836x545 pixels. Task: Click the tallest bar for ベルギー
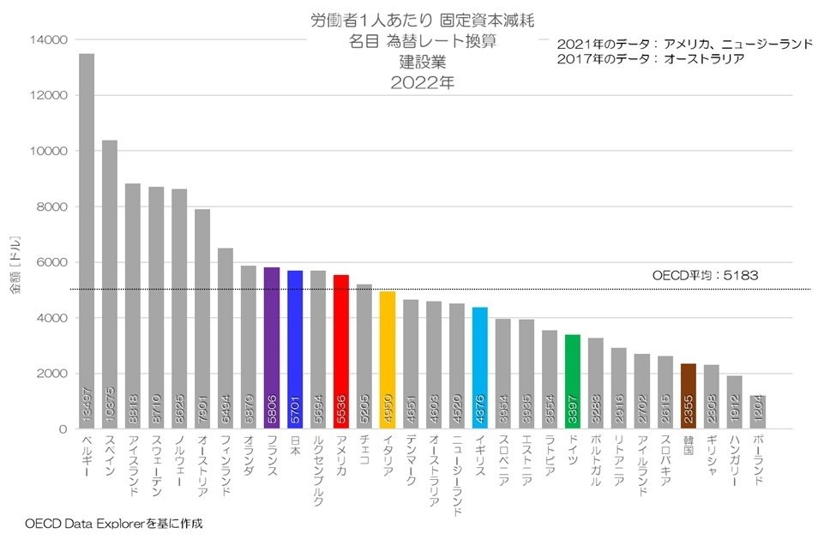tap(87, 241)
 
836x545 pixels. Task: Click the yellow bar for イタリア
tap(388, 360)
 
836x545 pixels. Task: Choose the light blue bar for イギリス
tap(480, 368)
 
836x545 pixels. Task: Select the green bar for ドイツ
tap(573, 381)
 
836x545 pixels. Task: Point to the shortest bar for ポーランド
tap(758, 412)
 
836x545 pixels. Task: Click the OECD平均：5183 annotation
tap(705, 276)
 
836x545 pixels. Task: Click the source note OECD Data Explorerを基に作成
tap(114, 522)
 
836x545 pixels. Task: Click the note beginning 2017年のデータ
tap(650, 59)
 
